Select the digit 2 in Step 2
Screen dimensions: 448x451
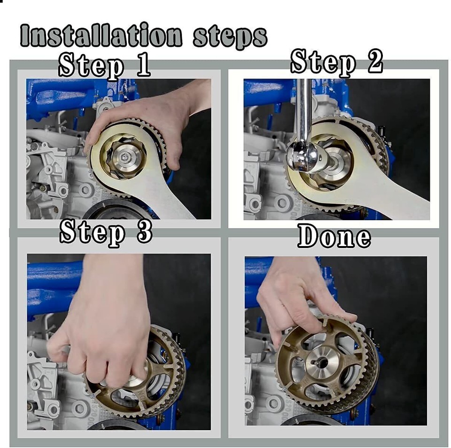pyautogui.click(x=374, y=62)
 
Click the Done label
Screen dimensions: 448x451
pyautogui.click(x=334, y=236)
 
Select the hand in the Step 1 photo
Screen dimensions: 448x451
pyautogui.click(x=155, y=117)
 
